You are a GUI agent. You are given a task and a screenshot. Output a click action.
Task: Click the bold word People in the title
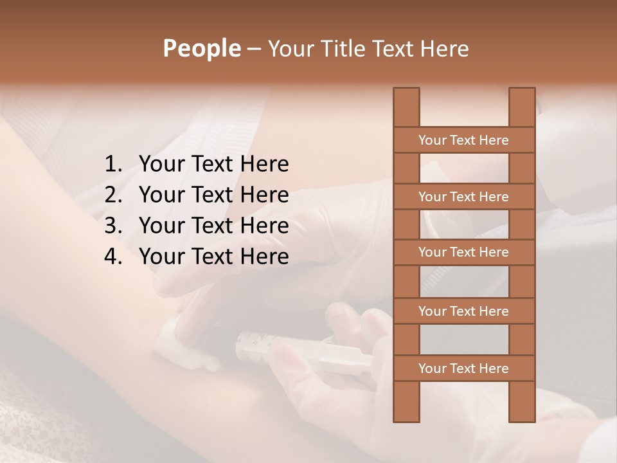tap(201, 48)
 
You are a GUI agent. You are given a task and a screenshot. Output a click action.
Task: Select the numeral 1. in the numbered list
tap(113, 165)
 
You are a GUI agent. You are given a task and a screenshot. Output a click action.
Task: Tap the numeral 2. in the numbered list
tap(113, 195)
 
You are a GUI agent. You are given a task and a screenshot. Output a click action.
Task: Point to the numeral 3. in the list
tap(113, 226)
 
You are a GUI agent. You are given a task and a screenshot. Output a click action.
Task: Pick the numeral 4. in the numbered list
tap(113, 257)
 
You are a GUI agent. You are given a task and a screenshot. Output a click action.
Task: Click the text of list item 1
tap(213, 165)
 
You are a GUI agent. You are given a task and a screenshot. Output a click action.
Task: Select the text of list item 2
tap(213, 195)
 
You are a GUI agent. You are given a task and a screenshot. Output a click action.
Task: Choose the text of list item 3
tap(213, 226)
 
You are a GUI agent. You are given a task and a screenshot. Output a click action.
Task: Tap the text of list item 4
tap(213, 257)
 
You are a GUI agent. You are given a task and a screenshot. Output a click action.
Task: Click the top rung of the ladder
tap(463, 140)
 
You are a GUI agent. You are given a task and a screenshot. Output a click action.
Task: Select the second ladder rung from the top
tap(463, 197)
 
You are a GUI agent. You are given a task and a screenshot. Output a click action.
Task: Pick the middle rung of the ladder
tap(463, 252)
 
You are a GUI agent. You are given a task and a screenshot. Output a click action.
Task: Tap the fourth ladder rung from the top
tap(463, 311)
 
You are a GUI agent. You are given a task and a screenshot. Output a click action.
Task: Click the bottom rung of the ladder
tap(463, 368)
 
